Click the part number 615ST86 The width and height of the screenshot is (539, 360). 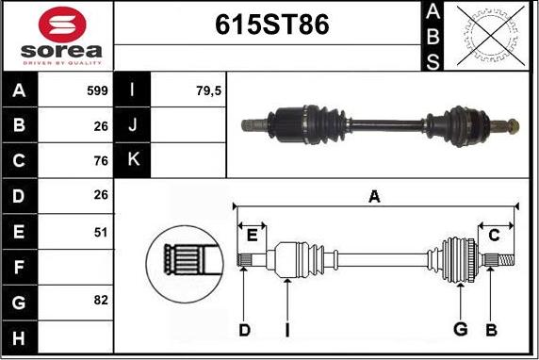[x=272, y=25]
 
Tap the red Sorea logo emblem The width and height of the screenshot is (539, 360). [x=62, y=25]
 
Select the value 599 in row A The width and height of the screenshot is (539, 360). [x=97, y=90]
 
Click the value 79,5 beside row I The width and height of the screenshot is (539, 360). [x=208, y=90]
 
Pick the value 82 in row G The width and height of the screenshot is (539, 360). [x=101, y=301]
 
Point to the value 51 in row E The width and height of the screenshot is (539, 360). [x=101, y=233]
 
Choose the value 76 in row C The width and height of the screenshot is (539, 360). [x=101, y=160]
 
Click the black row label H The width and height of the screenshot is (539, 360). [x=19, y=337]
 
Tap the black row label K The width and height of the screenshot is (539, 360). [x=133, y=160]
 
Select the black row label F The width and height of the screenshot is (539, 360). [x=19, y=267]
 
